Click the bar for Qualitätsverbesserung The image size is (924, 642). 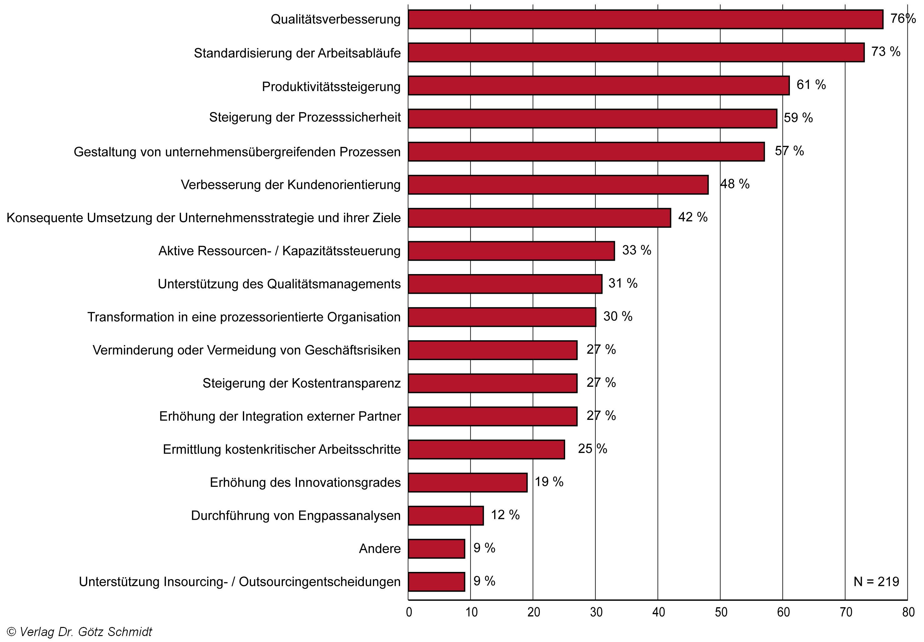click(645, 19)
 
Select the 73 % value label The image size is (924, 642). click(886, 52)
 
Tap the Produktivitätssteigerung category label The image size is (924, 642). click(331, 86)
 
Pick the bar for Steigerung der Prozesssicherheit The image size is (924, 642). click(592, 118)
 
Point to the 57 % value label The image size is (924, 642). click(789, 151)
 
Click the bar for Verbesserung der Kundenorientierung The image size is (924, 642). click(558, 185)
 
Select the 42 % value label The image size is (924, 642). click(692, 217)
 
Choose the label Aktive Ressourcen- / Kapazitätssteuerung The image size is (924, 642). click(279, 251)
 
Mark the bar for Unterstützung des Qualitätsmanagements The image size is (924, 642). click(505, 284)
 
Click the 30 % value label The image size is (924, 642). click(617, 317)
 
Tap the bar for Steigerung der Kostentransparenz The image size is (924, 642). click(492, 383)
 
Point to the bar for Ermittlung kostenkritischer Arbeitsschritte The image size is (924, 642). click(486, 449)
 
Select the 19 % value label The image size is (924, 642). click(549, 482)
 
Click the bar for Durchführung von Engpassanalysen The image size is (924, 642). click(446, 515)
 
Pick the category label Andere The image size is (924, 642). click(379, 549)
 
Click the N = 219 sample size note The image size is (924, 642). click(876, 582)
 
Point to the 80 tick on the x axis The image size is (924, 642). click(908, 612)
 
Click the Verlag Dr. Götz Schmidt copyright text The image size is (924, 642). click(80, 632)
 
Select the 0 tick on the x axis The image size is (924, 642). click(409, 612)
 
